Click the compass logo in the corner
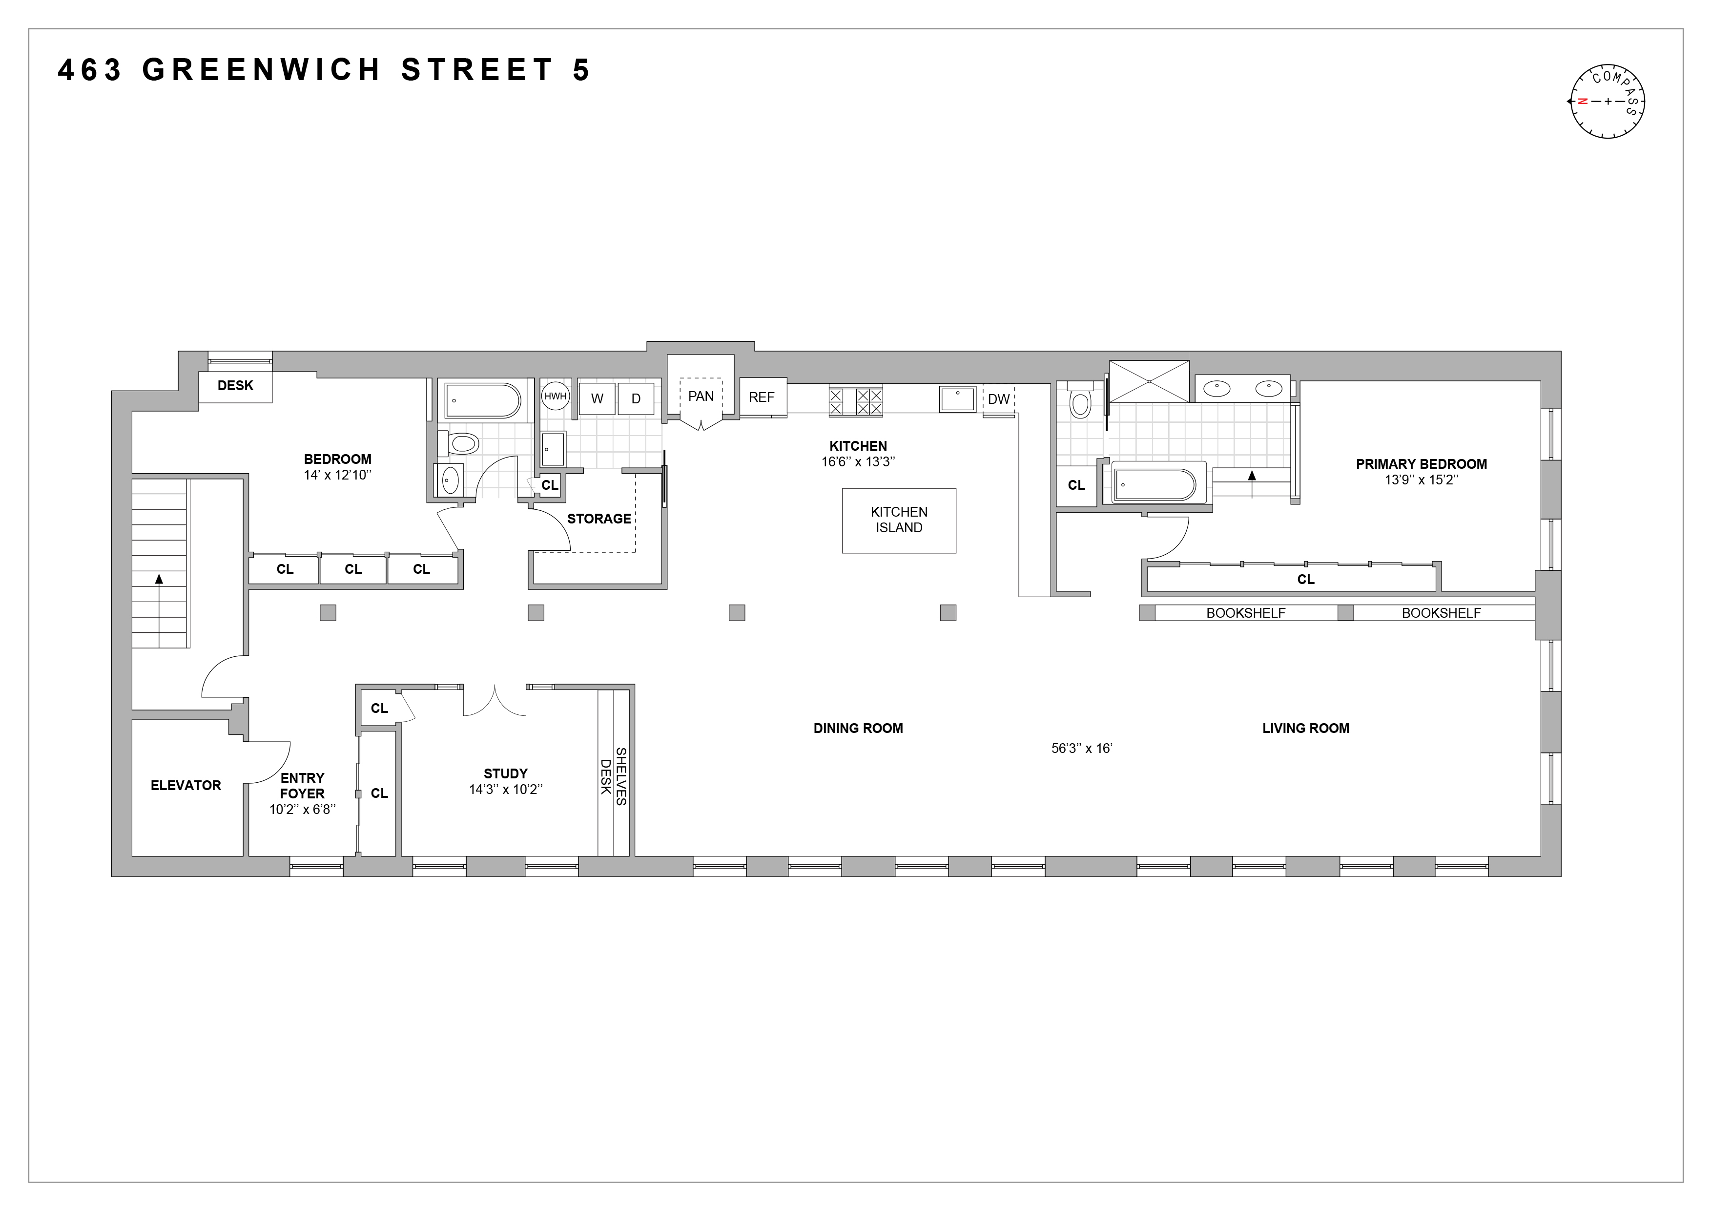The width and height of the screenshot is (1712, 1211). click(x=1608, y=102)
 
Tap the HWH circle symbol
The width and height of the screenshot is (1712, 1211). click(x=555, y=397)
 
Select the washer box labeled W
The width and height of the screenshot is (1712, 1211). click(x=597, y=399)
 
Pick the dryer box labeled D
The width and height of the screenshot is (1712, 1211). click(x=636, y=399)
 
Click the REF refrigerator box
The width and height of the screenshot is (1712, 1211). click(x=762, y=397)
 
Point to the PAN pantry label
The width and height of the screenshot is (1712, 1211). click(x=701, y=396)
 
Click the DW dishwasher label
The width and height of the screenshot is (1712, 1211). click(x=998, y=399)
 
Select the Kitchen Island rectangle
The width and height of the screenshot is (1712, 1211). click(x=899, y=521)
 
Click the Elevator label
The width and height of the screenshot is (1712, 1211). click(x=186, y=785)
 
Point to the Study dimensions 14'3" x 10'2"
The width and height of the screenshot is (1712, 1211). click(x=506, y=790)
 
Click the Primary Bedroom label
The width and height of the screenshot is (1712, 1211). click(x=1421, y=464)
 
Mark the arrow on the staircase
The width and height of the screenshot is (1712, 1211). click(x=159, y=578)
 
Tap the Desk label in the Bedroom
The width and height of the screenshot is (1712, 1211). click(x=235, y=386)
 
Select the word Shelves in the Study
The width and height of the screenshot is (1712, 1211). click(x=621, y=776)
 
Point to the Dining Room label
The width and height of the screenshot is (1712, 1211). click(x=858, y=729)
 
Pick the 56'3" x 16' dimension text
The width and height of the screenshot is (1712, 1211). click(x=1081, y=749)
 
